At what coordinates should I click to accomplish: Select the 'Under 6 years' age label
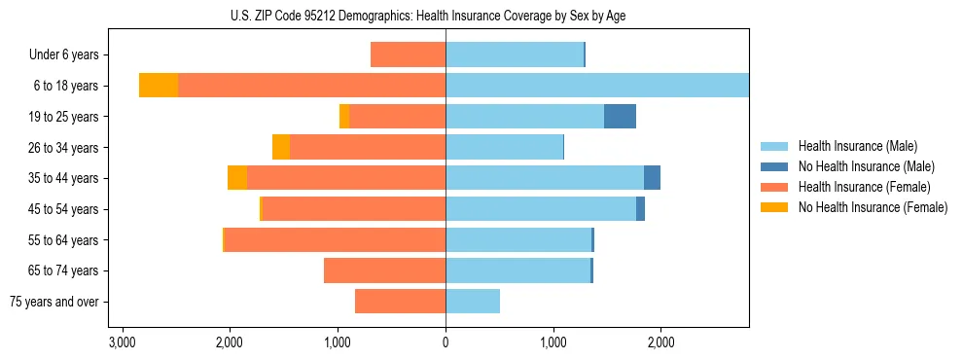click(x=69, y=54)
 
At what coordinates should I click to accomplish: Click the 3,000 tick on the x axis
click(x=122, y=342)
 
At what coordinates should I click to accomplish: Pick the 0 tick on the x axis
click(x=446, y=342)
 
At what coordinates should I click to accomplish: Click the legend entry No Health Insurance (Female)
click(x=873, y=207)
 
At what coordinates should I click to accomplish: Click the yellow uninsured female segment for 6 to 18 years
click(x=159, y=86)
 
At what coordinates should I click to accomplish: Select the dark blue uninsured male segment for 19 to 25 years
click(x=620, y=117)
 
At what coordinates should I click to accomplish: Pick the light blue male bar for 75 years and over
click(x=473, y=302)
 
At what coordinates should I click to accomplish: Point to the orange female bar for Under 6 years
click(x=408, y=54)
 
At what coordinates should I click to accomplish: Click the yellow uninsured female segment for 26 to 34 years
click(x=281, y=147)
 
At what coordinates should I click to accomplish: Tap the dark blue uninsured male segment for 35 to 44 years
click(x=652, y=178)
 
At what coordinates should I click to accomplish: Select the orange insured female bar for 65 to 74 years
click(x=384, y=270)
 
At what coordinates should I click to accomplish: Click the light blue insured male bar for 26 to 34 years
click(x=504, y=147)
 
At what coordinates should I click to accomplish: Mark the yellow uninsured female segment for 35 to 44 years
click(x=236, y=178)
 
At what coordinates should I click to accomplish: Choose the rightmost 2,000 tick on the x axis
click(x=660, y=342)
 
